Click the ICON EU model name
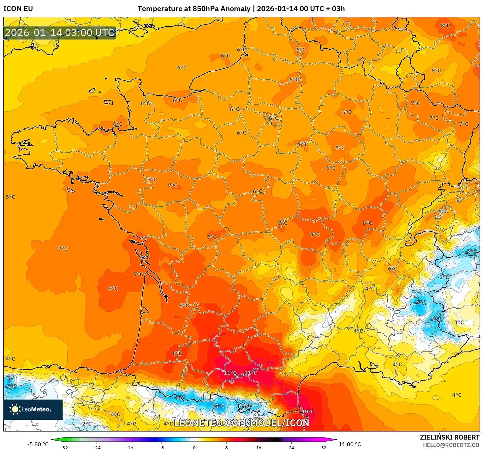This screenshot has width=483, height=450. coord(18,9)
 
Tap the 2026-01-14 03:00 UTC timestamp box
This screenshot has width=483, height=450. coord(60,33)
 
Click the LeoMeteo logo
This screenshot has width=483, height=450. coord(33,409)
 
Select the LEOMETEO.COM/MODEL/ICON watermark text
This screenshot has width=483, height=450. coord(241,423)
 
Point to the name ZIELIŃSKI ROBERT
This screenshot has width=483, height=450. coord(449,437)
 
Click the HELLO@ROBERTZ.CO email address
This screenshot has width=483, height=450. coord(451,445)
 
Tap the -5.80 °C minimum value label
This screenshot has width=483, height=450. coord(38,444)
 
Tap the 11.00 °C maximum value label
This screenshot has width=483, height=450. coord(350,444)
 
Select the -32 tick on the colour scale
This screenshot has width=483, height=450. coord(64,448)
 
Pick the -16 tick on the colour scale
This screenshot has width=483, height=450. coord(129,448)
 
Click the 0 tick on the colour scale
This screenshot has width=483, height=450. coord(194,448)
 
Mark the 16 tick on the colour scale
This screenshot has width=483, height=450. coord(259,448)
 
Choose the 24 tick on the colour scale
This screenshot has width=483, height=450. coord(291,448)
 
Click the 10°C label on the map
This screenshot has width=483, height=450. coord(308,412)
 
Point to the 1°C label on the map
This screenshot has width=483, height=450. coord(459,323)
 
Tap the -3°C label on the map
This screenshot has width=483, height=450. coord(471,252)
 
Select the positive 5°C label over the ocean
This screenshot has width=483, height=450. coord(10,197)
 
